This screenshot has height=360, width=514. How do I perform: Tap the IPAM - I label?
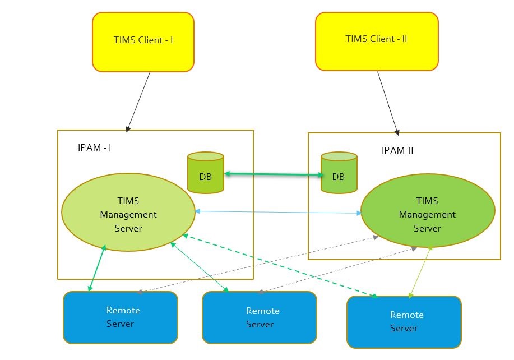click(x=94, y=148)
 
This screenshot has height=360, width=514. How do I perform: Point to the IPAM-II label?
click(x=397, y=150)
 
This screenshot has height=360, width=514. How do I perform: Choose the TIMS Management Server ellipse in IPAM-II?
click(x=427, y=211)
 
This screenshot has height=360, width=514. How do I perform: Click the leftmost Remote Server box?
click(x=121, y=317)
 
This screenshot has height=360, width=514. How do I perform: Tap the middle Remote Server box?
click(x=259, y=317)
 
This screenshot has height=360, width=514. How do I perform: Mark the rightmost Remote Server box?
click(x=404, y=321)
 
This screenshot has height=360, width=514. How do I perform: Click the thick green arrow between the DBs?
click(x=274, y=175)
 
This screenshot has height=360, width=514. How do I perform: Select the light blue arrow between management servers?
click(x=277, y=212)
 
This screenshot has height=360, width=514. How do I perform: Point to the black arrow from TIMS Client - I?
click(x=139, y=101)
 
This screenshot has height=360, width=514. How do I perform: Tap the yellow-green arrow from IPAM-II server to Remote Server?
click(x=420, y=271)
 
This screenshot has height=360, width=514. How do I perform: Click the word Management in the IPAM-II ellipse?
click(x=427, y=215)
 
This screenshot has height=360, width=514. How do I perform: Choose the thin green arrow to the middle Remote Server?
click(x=199, y=267)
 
